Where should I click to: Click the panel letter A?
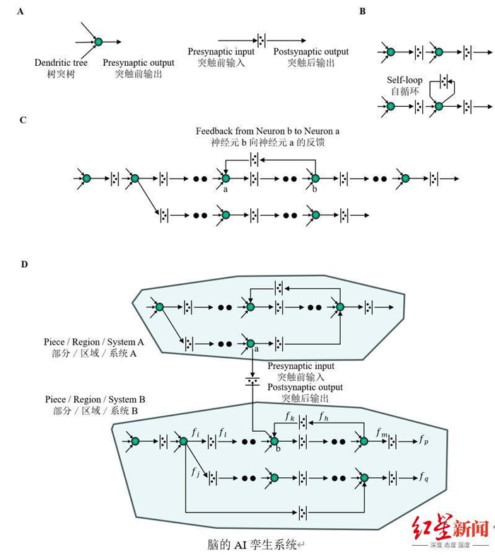pos(23,11)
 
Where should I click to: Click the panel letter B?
pos(362,11)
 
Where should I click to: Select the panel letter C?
pos(23,120)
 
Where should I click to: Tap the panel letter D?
pos(24,264)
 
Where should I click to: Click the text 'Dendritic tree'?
pos(63,63)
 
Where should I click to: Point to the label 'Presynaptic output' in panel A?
pos(139,63)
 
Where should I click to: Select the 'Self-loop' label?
pos(405,81)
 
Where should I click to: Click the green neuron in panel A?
pos(98,43)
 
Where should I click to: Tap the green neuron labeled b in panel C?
pos(315,178)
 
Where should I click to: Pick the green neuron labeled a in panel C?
pos(226,178)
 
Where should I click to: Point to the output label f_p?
pos(423,440)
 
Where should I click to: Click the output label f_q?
pos(423,476)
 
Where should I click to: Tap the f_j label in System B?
pos(195,470)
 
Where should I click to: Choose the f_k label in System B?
pos(290,416)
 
